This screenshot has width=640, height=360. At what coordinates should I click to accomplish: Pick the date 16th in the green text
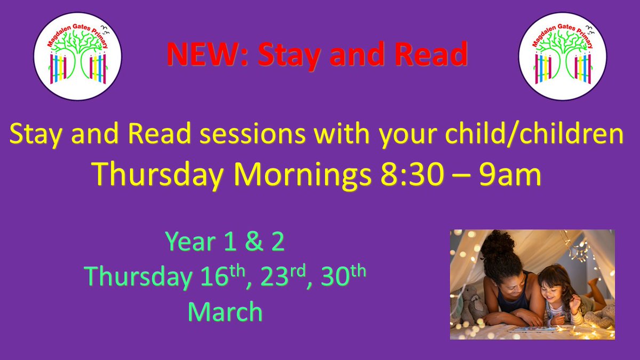(x=211, y=277)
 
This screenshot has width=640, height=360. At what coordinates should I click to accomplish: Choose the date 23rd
(x=280, y=277)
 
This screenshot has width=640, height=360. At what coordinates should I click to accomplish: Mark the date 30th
(x=347, y=277)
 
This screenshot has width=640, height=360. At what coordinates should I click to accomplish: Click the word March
(x=225, y=312)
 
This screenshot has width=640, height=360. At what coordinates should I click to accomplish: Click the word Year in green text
(x=189, y=243)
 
